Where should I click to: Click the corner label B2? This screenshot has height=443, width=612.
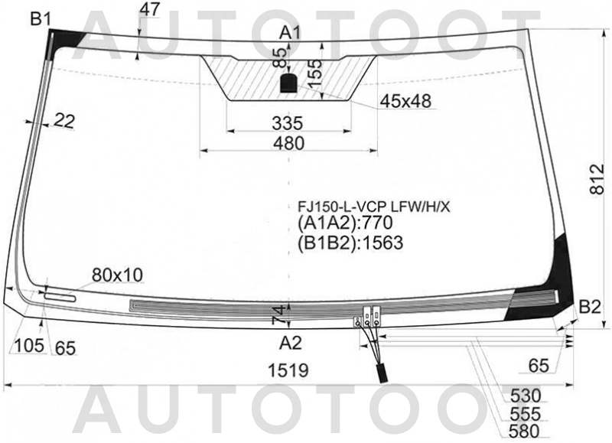coord(589,308)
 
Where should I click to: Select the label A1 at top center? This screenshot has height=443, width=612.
coord(290,32)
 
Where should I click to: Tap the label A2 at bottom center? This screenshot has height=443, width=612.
coord(290,342)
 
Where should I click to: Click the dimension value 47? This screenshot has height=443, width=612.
coord(150,10)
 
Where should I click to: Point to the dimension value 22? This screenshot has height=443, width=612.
coord(65,119)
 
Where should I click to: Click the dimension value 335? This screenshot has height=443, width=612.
coord(288,123)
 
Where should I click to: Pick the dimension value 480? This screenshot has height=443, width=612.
coord(288,144)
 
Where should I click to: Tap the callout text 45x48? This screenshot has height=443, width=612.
coord(406,100)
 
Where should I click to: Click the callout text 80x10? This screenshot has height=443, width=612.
coord(117,275)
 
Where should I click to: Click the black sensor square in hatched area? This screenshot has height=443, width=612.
coord(288,83)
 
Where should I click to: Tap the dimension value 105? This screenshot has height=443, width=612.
coord(29,347)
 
